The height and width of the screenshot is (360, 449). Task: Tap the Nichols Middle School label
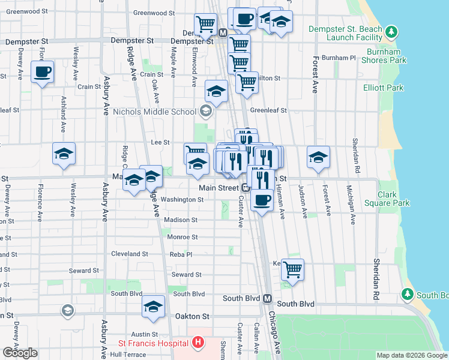pos(154,112)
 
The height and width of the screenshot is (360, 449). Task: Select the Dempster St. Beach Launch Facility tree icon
pos(391,31)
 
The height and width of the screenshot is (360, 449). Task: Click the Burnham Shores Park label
pos(377,60)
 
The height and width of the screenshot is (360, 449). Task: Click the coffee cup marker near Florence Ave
pos(43,72)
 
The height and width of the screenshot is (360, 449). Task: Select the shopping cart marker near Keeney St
pos(292,269)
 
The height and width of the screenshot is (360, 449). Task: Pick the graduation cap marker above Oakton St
pos(153,307)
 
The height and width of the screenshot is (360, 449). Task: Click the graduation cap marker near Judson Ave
pos(319,157)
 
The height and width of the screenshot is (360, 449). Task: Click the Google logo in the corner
pos(20,353)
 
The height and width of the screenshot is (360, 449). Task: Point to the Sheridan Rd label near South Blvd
pos(376,280)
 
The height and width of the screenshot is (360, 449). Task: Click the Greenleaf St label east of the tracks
pos(268,110)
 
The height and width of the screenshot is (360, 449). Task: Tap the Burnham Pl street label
pos(339,58)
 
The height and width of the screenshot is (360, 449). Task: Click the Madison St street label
pos(181,220)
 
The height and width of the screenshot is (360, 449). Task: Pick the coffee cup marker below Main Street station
pos(262,199)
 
